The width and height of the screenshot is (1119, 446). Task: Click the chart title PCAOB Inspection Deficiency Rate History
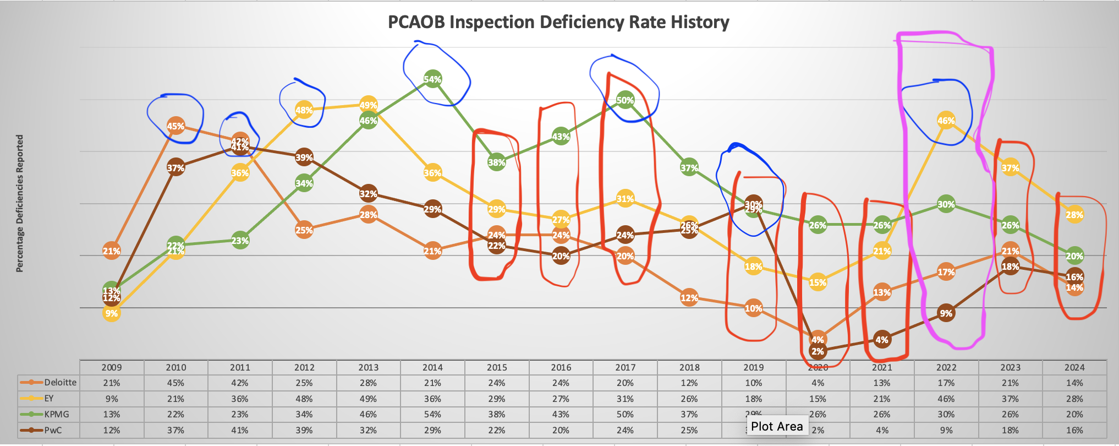click(x=558, y=22)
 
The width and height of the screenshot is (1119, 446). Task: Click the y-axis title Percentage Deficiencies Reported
click(x=20, y=204)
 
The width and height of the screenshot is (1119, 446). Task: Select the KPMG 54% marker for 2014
click(x=432, y=79)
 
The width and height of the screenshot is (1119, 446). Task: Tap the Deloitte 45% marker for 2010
click(x=175, y=126)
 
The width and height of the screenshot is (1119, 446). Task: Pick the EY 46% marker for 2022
click(x=946, y=121)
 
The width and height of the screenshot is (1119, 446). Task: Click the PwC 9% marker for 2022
click(x=946, y=313)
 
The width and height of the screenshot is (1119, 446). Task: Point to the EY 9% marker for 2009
click(x=111, y=313)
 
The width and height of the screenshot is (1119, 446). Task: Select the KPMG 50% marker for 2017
click(x=625, y=100)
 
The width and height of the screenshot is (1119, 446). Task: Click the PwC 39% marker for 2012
click(x=304, y=157)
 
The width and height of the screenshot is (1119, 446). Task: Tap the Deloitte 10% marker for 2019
click(x=753, y=308)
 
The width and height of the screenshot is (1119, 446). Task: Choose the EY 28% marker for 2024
click(x=1074, y=215)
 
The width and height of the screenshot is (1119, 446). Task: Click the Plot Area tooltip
click(x=777, y=426)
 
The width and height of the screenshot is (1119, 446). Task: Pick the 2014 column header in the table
click(x=432, y=367)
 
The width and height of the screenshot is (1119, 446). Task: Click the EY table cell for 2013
click(x=368, y=398)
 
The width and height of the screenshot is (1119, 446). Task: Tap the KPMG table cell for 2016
click(x=561, y=414)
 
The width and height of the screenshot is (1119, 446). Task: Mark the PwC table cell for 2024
click(x=1074, y=430)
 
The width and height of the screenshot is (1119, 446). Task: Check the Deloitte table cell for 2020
click(x=818, y=383)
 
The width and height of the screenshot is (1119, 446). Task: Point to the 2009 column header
click(x=111, y=367)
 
